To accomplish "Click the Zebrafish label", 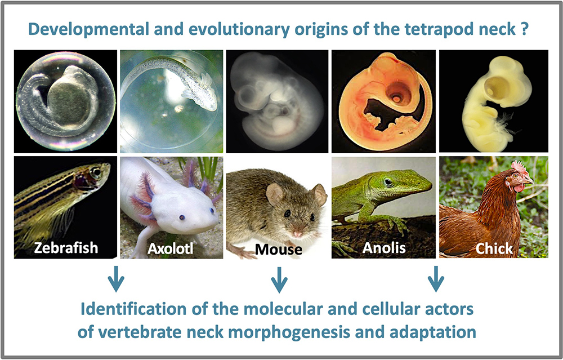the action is coord(66,247).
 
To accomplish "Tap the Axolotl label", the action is coord(170,248).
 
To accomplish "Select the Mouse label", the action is coord(278,250).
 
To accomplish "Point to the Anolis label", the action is coord(384,247).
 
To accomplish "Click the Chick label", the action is coord(494,248).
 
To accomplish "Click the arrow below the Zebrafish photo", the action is coord(116,279).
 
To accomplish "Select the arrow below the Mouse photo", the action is coord(279,279).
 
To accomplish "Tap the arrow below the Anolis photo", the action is coord(436,279).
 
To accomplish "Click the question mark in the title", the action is coord(524,29).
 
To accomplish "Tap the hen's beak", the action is coord(529,181).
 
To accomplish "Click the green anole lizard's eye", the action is coord(388,182).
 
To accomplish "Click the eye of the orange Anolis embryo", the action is coord(395,97).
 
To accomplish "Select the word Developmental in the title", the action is coord(88,29).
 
